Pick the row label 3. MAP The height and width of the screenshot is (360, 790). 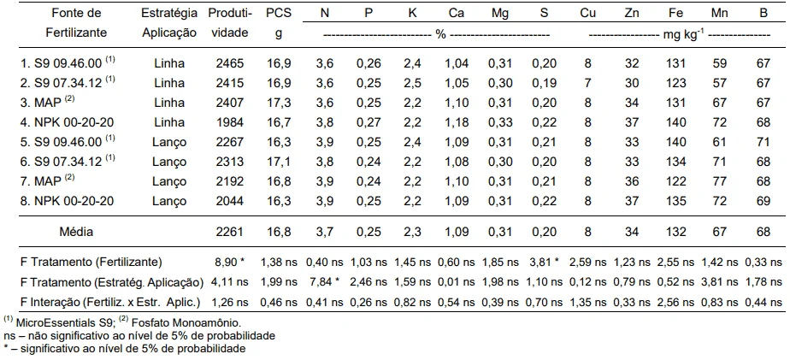tap(43, 103)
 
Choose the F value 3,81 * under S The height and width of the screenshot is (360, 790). tap(543, 260)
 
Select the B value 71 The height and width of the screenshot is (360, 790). tap(763, 143)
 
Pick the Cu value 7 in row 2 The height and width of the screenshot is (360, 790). tap(587, 82)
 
